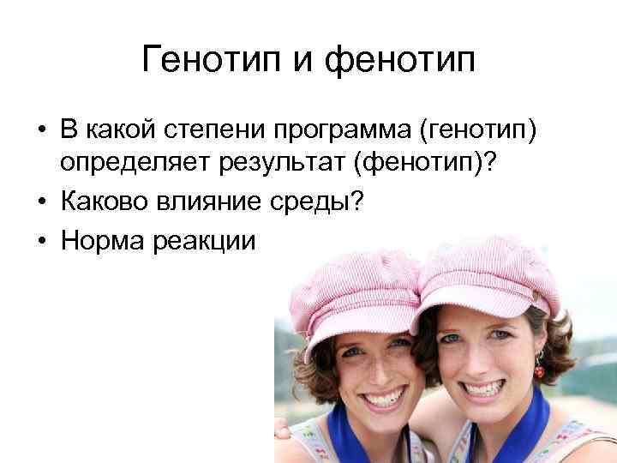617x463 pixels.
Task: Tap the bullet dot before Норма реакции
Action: [x=39, y=241]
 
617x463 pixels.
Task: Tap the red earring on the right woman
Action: [x=539, y=370]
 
